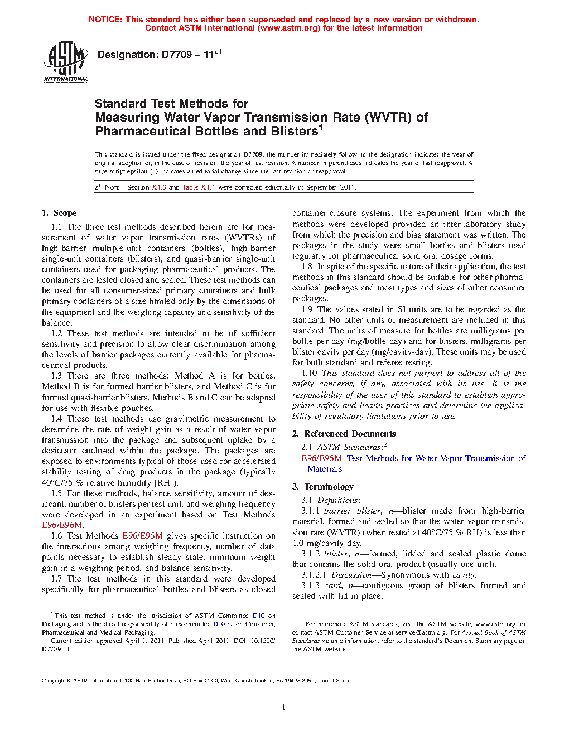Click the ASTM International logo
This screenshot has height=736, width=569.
(66, 61)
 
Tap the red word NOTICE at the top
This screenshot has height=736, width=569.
(105, 20)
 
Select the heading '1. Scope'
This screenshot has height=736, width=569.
(59, 213)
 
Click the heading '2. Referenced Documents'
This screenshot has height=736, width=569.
(344, 434)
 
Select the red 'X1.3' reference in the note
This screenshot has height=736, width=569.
(159, 187)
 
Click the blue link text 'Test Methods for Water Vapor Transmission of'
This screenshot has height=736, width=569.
(436, 458)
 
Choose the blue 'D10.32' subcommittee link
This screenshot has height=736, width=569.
(223, 624)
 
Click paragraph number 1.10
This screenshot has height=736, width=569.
(309, 373)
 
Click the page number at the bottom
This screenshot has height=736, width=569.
(284, 708)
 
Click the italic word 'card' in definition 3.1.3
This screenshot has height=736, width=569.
(332, 585)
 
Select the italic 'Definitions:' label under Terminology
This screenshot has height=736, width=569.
(339, 500)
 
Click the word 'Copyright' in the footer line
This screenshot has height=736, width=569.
(54, 680)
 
